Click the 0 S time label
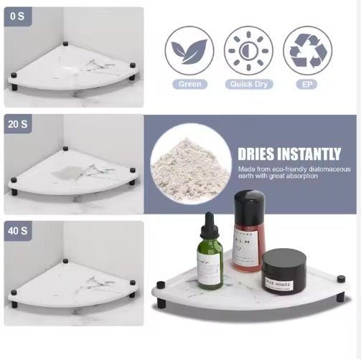click(17, 16)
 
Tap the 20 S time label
click(19, 123)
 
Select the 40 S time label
click(19, 231)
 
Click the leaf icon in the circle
click(189, 50)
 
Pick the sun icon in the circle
click(248, 50)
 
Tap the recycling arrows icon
click(307, 50)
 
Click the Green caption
click(189, 84)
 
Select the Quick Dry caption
click(248, 84)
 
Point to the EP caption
click(307, 84)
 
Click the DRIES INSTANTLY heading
click(289, 153)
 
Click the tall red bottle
click(248, 237)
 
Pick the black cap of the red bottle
click(248, 204)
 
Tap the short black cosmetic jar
click(283, 269)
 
